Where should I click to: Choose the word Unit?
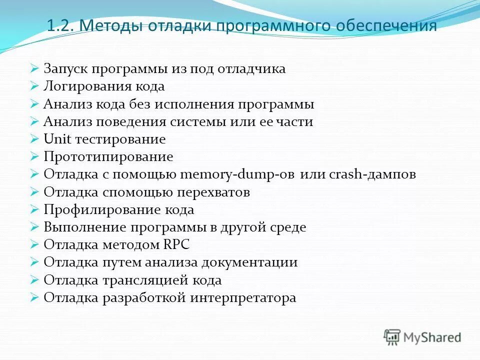(x=56, y=139)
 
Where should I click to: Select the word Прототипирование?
(x=108, y=157)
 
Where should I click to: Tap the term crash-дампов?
(x=372, y=175)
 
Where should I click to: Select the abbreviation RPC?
(x=176, y=245)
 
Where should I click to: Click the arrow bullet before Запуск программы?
(x=34, y=68)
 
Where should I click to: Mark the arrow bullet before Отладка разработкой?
(x=34, y=298)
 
